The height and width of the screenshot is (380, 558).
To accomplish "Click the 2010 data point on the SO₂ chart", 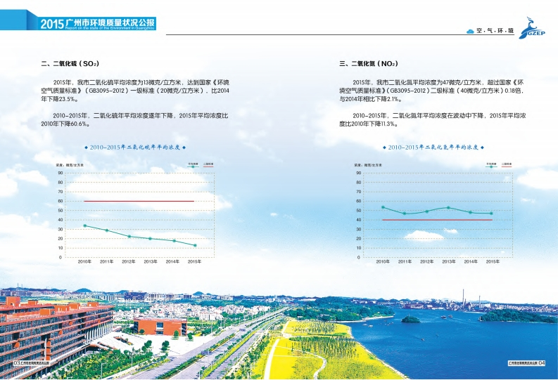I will [x=84, y=225].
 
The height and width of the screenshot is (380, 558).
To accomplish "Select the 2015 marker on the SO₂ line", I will [x=194, y=245].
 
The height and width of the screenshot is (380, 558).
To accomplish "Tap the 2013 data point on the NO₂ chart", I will [x=448, y=207].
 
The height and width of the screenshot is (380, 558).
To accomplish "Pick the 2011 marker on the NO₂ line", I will [x=405, y=214].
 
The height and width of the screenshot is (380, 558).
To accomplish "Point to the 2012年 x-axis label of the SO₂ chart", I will [x=128, y=261].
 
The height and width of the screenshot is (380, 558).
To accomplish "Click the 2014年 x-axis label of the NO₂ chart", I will [x=470, y=261].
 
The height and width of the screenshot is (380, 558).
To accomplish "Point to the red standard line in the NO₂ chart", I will [x=437, y=220].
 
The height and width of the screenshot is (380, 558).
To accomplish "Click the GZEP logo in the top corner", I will [x=536, y=31].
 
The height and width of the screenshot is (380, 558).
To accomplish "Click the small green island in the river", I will [x=410, y=320].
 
